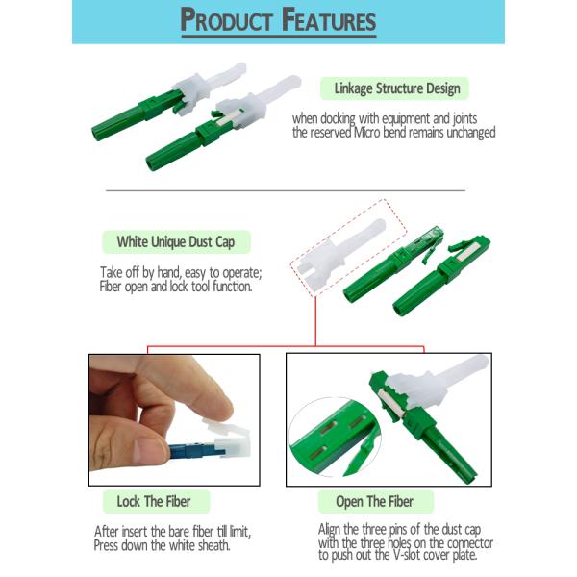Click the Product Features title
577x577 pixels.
tap(278, 20)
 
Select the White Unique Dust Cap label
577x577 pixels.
tap(176, 241)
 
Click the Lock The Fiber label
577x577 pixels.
tap(154, 501)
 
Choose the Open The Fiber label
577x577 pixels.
tap(374, 501)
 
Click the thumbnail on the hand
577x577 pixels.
tap(145, 450)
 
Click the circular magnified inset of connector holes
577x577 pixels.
tap(335, 437)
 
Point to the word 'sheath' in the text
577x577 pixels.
tap(213, 545)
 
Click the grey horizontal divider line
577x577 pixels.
tap(286, 190)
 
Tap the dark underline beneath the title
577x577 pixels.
tap(279, 37)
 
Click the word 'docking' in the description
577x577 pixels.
tap(338, 119)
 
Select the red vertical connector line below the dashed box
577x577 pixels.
tap(315, 321)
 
